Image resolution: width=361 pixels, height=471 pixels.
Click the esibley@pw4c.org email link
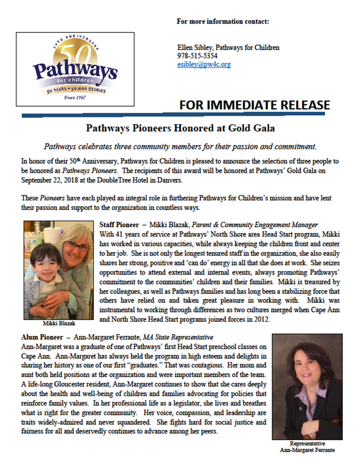click(204, 65)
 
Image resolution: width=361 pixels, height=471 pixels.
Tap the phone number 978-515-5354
click(197, 56)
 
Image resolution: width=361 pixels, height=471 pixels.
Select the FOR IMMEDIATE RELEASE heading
click(254, 105)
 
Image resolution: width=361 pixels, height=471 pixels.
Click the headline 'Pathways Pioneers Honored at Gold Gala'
click(180, 128)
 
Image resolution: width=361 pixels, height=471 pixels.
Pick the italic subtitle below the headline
click(180, 146)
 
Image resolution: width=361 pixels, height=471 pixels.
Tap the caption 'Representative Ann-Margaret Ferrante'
click(307, 447)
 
